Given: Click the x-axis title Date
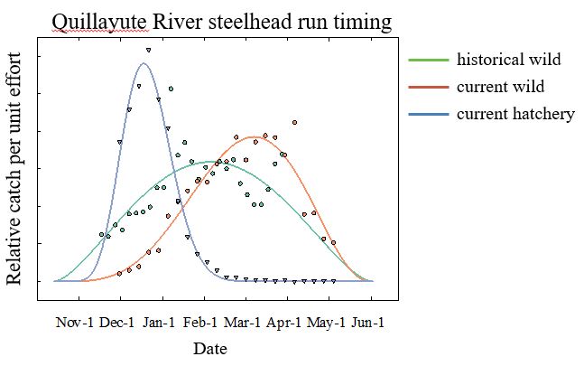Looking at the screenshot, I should point(210,348).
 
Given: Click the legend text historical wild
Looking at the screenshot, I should point(509,60).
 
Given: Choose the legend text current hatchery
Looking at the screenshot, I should point(515,114).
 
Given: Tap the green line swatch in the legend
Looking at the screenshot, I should point(428,61).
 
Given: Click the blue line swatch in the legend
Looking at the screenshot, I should point(428,115).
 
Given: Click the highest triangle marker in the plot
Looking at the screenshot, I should point(148,50).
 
